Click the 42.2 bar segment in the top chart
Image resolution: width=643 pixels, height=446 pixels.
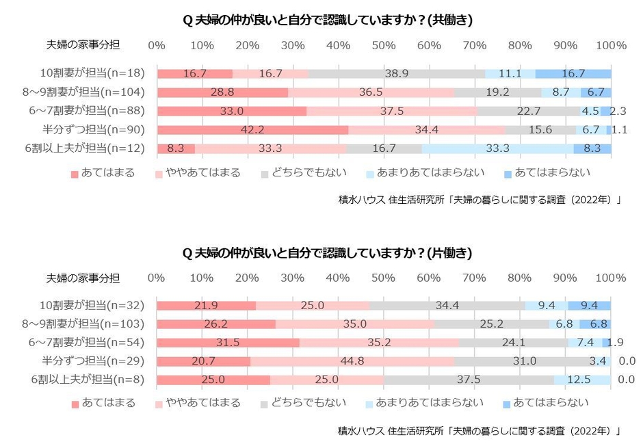[x=252, y=130]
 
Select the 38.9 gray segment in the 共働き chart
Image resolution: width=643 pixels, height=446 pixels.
[x=397, y=74]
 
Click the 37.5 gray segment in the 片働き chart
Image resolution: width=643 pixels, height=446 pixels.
[x=469, y=379]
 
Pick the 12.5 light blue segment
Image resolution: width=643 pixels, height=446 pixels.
[x=581, y=379]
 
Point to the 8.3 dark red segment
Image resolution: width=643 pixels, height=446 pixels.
[x=176, y=148]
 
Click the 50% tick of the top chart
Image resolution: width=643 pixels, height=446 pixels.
[x=384, y=46]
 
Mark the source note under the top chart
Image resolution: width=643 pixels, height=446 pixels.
[x=479, y=200]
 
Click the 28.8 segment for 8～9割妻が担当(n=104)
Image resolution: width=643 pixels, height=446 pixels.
[x=222, y=92]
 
